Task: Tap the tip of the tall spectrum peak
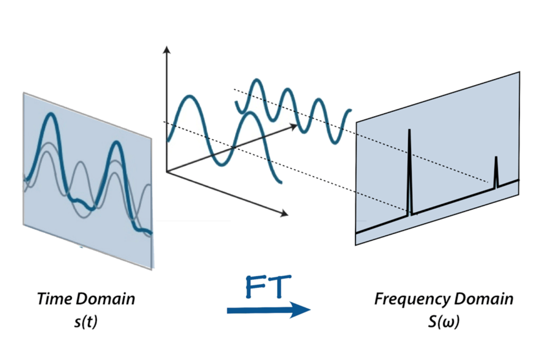coord(409,130)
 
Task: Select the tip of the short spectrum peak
coord(496,157)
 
